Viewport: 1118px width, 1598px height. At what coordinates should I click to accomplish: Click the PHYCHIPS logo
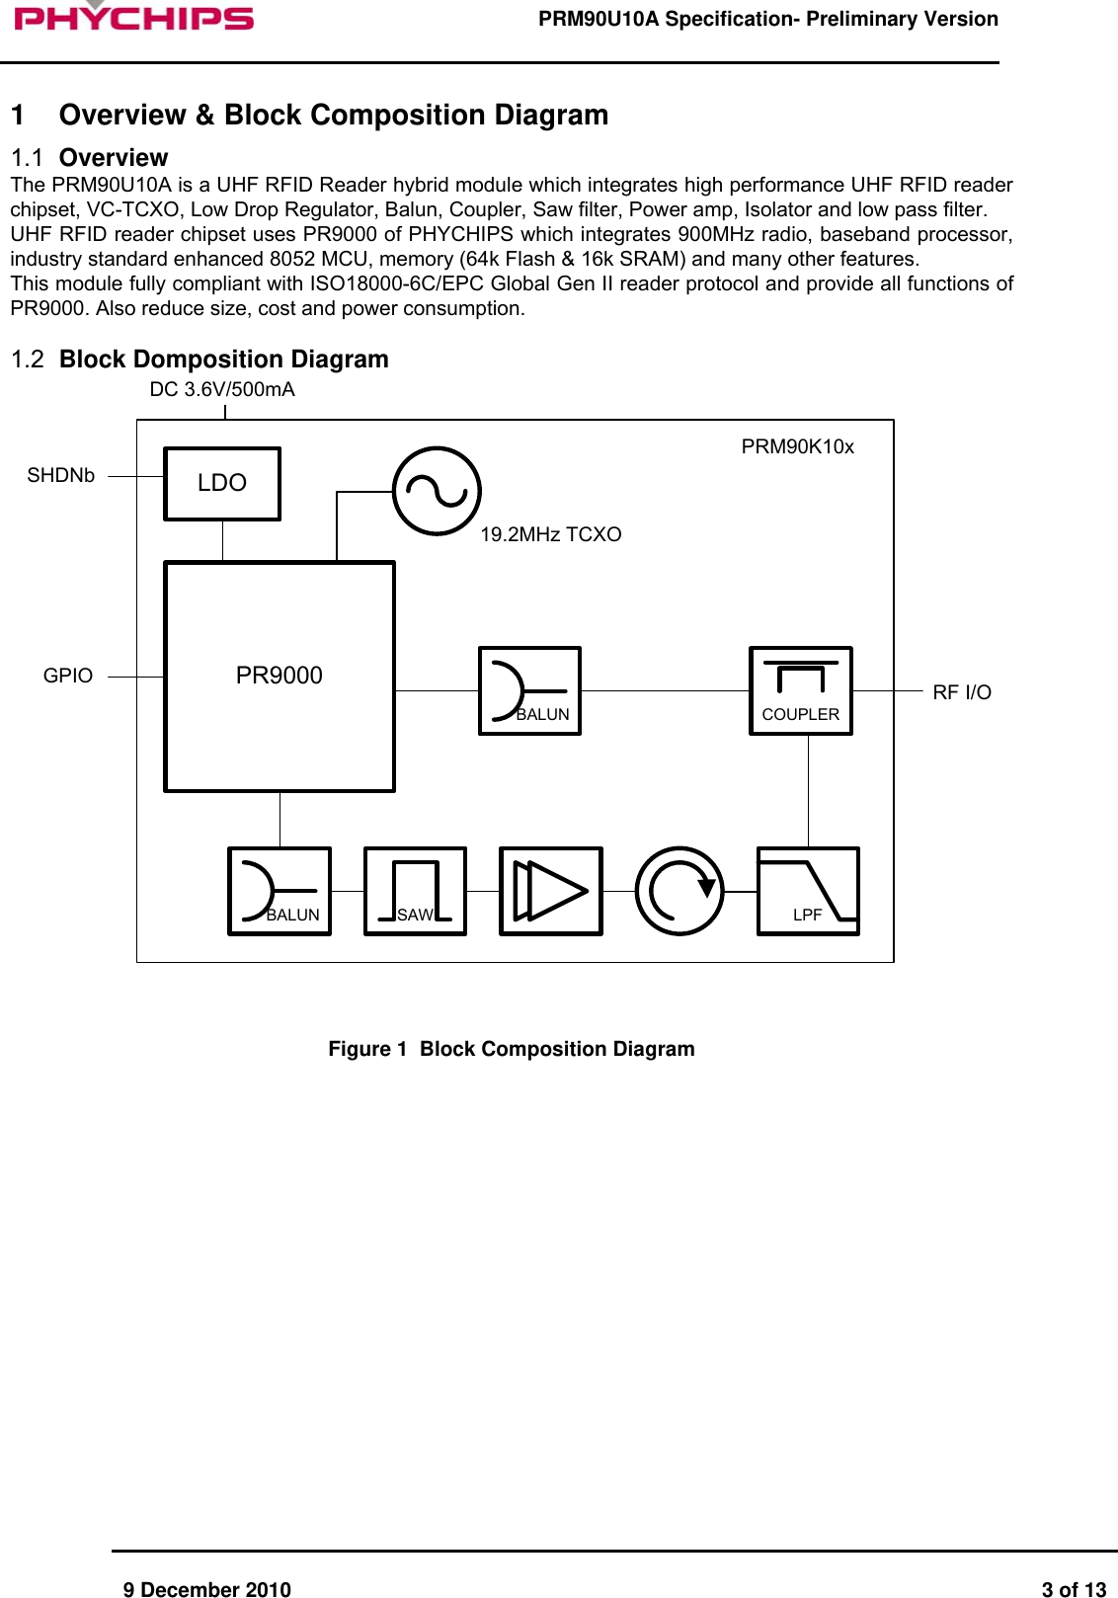click(x=133, y=17)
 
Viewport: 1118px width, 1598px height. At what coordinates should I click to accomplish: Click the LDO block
click(x=222, y=483)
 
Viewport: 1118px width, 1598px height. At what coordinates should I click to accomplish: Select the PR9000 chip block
click(x=279, y=676)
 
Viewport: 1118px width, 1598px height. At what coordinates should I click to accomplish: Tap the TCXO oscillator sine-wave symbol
click(x=437, y=491)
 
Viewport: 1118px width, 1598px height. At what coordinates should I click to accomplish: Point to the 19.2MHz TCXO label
click(x=550, y=534)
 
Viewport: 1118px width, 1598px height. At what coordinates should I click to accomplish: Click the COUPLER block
click(x=800, y=690)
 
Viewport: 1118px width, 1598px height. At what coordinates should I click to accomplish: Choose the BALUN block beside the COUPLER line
click(x=529, y=690)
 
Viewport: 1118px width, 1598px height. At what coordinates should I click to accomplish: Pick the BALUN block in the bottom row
click(x=279, y=890)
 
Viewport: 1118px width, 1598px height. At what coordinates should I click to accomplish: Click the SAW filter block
click(x=415, y=890)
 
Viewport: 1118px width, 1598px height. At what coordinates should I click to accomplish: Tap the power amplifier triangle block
click(x=550, y=890)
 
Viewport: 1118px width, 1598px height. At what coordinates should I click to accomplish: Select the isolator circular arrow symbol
click(x=679, y=890)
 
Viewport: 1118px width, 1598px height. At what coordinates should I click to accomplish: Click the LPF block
click(x=808, y=890)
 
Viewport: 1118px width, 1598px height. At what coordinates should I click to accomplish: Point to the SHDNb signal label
click(x=61, y=475)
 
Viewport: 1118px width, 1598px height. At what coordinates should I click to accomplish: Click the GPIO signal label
click(x=68, y=676)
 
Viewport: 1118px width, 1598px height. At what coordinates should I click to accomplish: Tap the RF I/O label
click(x=961, y=692)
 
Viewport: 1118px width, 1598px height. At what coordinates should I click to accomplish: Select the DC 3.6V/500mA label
click(x=222, y=389)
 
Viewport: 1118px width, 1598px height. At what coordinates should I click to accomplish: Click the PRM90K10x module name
click(x=797, y=446)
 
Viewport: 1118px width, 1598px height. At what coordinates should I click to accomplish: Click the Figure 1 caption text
click(x=511, y=1049)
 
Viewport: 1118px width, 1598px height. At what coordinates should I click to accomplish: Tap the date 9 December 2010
click(x=206, y=1589)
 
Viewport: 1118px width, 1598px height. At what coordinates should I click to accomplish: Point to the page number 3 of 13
click(x=1074, y=1589)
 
